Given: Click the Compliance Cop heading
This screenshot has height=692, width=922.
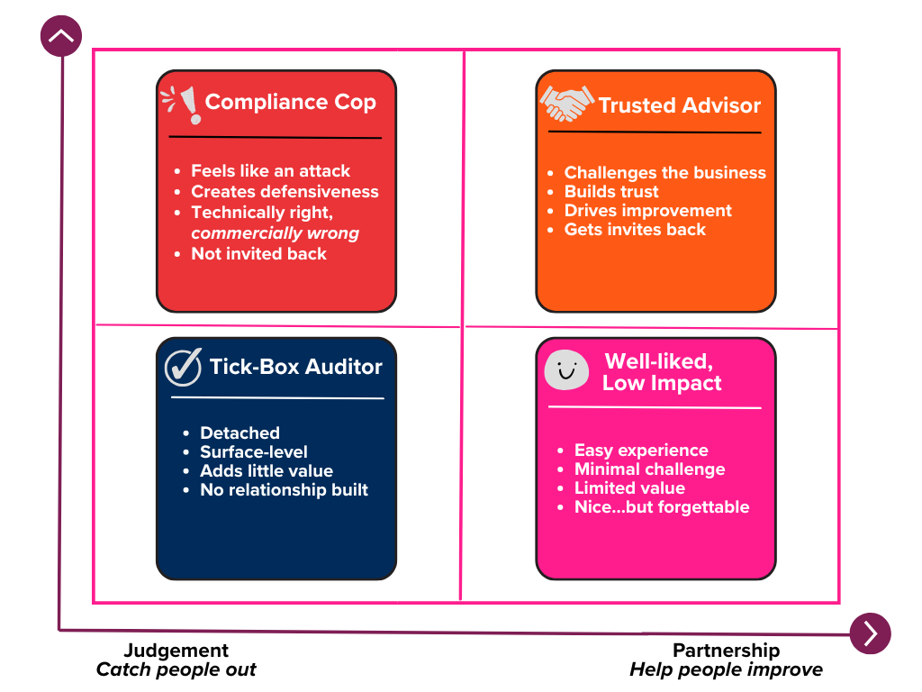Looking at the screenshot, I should (x=290, y=102).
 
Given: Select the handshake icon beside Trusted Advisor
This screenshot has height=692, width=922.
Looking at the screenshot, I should (x=566, y=104).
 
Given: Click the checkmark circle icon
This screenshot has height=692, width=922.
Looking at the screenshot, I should (x=183, y=367).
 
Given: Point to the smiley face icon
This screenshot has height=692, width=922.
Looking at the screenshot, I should (x=566, y=369).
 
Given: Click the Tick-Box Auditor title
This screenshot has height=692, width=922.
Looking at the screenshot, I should (x=295, y=367).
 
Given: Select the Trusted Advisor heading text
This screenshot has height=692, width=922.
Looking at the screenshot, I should (x=679, y=105).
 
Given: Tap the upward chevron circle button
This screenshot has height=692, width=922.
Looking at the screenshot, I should (x=61, y=37).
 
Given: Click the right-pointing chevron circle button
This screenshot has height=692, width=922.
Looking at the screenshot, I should (x=870, y=633).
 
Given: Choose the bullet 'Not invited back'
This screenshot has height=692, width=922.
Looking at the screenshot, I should (x=258, y=254).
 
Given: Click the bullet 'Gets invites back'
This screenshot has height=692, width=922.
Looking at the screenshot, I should (x=635, y=230).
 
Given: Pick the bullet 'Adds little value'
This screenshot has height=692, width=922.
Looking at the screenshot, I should (x=266, y=471).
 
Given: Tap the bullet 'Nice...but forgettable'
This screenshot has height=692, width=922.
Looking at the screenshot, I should (x=661, y=507).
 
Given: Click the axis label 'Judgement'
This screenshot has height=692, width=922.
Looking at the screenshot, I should (x=176, y=651).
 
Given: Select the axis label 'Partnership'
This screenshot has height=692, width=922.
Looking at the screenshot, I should (x=726, y=651).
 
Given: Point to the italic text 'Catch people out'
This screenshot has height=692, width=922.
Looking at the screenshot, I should (x=176, y=670).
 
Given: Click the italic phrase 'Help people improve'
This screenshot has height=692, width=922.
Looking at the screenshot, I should (x=726, y=670).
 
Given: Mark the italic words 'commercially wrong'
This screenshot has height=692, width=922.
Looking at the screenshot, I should (x=275, y=233).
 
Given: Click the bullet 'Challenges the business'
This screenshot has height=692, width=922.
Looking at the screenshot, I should (x=664, y=173).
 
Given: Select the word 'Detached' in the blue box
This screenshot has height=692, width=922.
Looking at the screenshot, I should (x=240, y=433).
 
